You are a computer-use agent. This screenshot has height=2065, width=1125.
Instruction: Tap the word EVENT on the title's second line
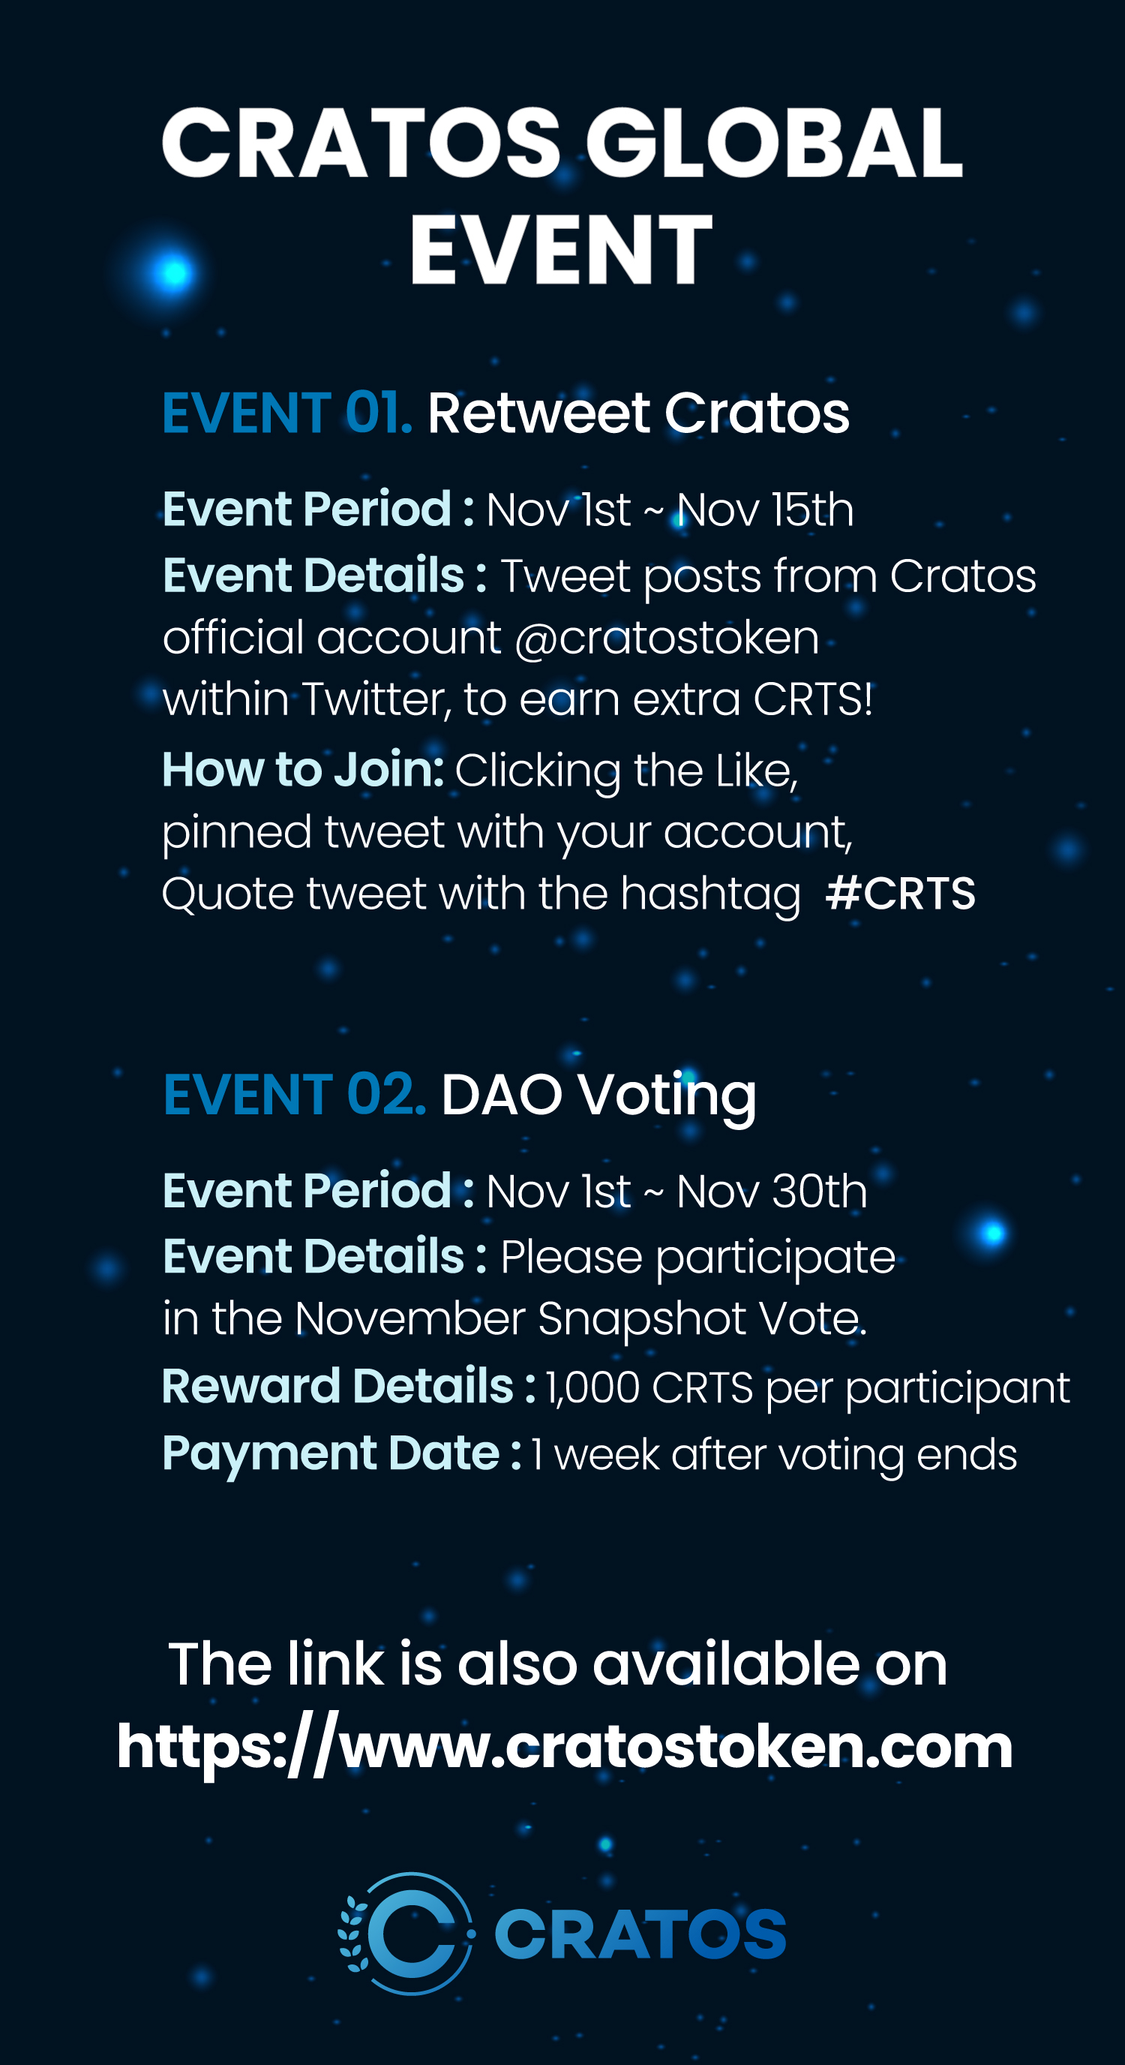point(561,249)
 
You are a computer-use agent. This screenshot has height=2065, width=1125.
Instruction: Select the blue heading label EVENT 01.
point(286,413)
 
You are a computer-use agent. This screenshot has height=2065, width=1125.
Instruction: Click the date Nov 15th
point(765,509)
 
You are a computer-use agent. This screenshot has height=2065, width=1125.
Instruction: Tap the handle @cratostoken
point(667,638)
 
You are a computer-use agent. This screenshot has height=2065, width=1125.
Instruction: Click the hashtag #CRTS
point(901,893)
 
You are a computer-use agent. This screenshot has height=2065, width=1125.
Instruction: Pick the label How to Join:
point(303,770)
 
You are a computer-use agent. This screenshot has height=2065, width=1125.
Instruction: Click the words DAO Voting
point(598,1095)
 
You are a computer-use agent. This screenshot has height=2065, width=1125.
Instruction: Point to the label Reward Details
point(337,1386)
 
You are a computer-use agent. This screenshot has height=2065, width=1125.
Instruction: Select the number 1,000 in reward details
point(593,1387)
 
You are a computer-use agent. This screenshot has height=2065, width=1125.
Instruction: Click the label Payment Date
point(331,1453)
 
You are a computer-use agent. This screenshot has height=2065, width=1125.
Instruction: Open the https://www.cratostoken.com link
point(565,1748)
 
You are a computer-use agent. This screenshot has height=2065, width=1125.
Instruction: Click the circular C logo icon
point(408,1934)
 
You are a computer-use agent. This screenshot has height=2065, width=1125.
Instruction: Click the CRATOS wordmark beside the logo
point(640,1934)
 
